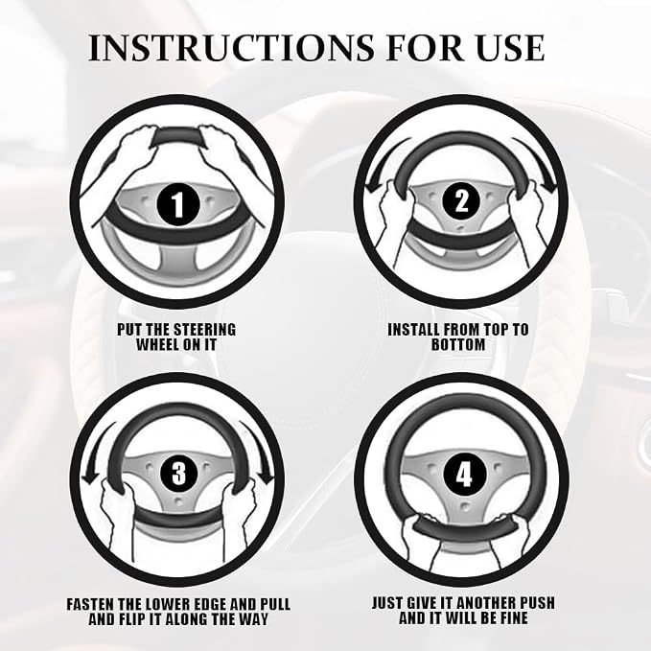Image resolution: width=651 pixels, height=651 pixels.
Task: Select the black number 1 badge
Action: click(x=178, y=204)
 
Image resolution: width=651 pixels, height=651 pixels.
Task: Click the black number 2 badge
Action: click(x=461, y=201)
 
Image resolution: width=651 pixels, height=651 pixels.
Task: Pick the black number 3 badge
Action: click(x=178, y=474)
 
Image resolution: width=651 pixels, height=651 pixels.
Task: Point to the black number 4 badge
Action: click(x=464, y=475)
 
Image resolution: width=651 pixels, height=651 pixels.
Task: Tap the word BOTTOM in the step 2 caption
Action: click(x=458, y=344)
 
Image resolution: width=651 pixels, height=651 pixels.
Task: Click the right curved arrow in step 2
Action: click(x=536, y=164)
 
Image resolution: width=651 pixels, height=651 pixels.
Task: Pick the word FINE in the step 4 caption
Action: click(x=511, y=617)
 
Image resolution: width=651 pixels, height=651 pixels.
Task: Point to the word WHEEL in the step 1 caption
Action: click(x=158, y=344)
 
